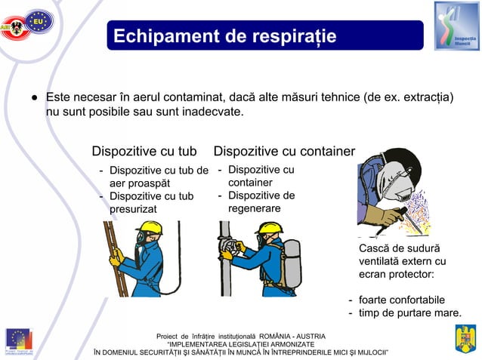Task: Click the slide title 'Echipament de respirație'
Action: [224, 36]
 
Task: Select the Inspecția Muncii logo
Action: [456, 26]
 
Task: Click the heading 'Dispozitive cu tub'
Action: [149, 152]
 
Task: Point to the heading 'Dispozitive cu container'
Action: [284, 152]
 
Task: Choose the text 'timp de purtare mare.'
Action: [409, 313]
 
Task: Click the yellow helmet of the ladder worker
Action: [150, 229]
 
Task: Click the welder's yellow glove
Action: [388, 217]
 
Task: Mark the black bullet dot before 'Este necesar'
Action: [35, 98]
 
